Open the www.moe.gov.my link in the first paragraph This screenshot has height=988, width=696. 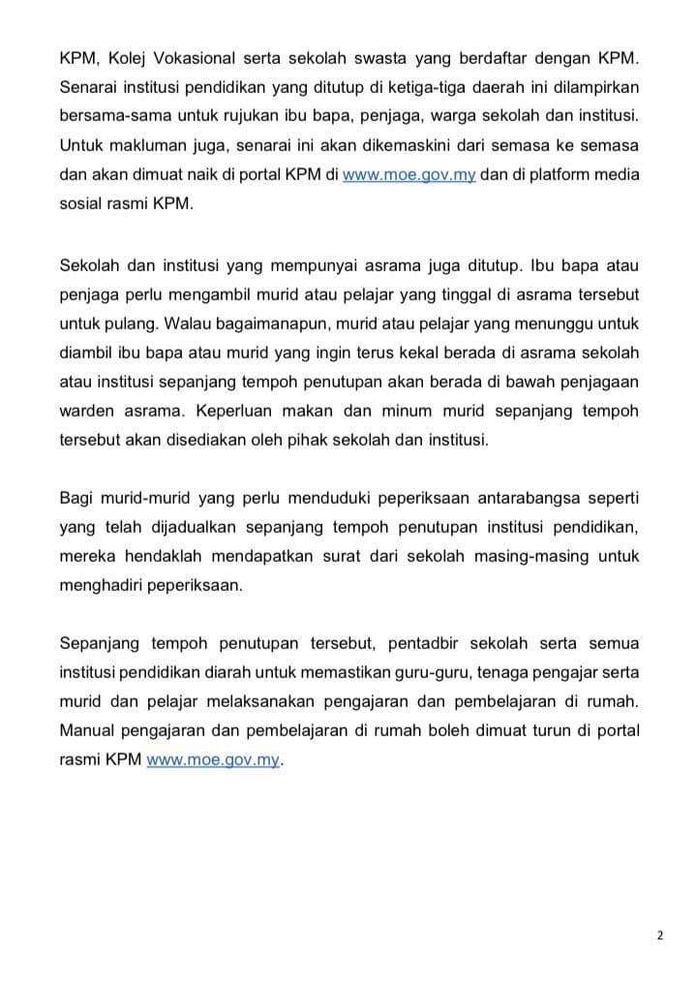pyautogui.click(x=409, y=181)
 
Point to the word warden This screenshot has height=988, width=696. pyautogui.click(x=89, y=410)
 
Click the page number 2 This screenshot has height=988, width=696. pyautogui.click(x=659, y=937)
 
